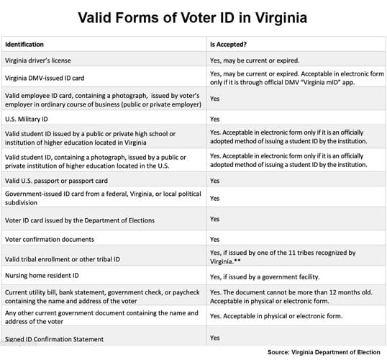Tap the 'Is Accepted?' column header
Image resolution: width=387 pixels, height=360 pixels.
point(229,44)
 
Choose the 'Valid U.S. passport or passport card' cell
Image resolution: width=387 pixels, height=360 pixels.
point(56,180)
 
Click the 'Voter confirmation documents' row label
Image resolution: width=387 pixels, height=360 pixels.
point(50,238)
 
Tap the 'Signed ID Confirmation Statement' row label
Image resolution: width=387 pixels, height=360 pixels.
point(55,338)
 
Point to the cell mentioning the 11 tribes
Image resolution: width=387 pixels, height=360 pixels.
point(283,257)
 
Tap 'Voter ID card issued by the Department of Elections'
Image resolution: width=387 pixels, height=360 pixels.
point(80,220)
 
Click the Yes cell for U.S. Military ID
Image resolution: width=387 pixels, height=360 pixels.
point(215,118)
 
